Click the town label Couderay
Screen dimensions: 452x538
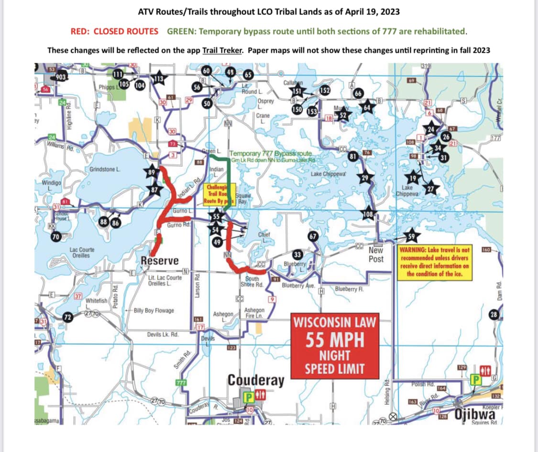tap(255, 381)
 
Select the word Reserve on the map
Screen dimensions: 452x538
tap(160, 260)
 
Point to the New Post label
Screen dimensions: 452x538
tap(376, 255)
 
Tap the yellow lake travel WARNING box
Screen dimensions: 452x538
tap(435, 262)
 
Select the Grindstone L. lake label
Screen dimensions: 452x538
tap(105, 170)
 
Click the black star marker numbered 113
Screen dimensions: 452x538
tap(158, 79)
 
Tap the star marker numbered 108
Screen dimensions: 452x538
tap(368, 214)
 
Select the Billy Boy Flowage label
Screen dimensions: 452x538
tap(154, 310)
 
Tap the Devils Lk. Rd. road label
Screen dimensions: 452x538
tap(163, 334)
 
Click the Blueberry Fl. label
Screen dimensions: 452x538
tap(350, 289)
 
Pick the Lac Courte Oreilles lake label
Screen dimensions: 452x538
tap(82, 252)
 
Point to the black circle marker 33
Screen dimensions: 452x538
tap(297, 254)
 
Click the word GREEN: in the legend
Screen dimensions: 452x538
tap(181, 31)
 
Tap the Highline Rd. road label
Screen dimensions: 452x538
tap(69, 116)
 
